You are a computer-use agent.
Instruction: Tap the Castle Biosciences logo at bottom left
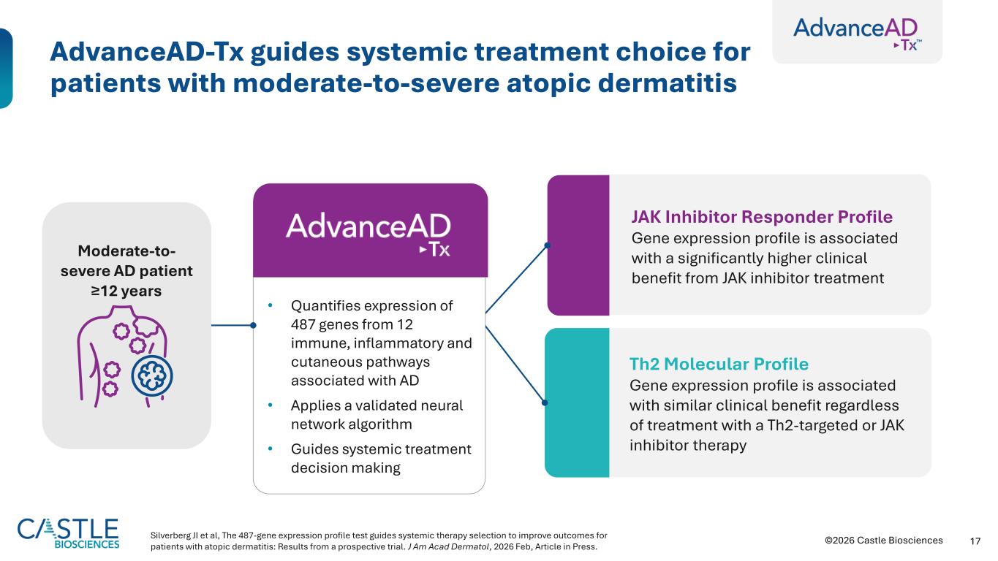[x=68, y=533]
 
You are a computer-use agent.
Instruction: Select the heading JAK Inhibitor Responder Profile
[x=761, y=217]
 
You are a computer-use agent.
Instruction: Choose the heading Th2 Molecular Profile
[x=719, y=364]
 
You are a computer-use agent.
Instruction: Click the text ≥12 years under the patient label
[x=126, y=290]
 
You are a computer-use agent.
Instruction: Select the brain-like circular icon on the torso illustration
[x=152, y=376]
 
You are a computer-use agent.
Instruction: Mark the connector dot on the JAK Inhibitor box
[x=548, y=245]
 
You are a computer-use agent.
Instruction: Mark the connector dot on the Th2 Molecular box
[x=545, y=402]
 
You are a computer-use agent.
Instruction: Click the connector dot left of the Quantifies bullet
[x=253, y=325]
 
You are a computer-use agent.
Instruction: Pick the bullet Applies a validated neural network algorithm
[x=377, y=415]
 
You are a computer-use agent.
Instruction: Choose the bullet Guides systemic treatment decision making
[x=381, y=458]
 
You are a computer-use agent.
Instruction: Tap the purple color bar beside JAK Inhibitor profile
[x=578, y=245]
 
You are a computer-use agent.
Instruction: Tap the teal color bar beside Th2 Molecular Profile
[x=577, y=402]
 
